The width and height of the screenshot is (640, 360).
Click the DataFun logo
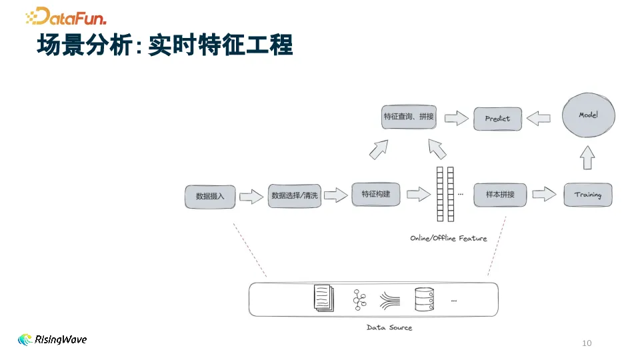66,16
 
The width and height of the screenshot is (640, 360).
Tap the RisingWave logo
53,339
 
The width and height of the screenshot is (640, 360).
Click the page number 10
587,343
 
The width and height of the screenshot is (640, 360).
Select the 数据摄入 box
210,196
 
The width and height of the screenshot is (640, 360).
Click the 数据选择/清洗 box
295,195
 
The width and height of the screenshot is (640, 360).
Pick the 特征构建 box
376,194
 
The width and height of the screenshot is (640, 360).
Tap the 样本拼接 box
499,195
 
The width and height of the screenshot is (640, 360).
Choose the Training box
587,195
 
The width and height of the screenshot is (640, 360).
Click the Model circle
588,115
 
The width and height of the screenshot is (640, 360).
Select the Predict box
497,119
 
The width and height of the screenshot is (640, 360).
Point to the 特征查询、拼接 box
409,117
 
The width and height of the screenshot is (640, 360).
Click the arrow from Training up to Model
587,157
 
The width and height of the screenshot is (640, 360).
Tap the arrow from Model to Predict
538,118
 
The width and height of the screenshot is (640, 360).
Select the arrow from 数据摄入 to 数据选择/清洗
251,196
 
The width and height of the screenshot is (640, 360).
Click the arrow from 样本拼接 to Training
544,194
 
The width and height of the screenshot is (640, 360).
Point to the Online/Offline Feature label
448,238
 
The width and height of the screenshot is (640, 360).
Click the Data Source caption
389,327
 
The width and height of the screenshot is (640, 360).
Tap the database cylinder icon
424,299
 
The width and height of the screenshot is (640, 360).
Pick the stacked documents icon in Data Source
324,298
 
